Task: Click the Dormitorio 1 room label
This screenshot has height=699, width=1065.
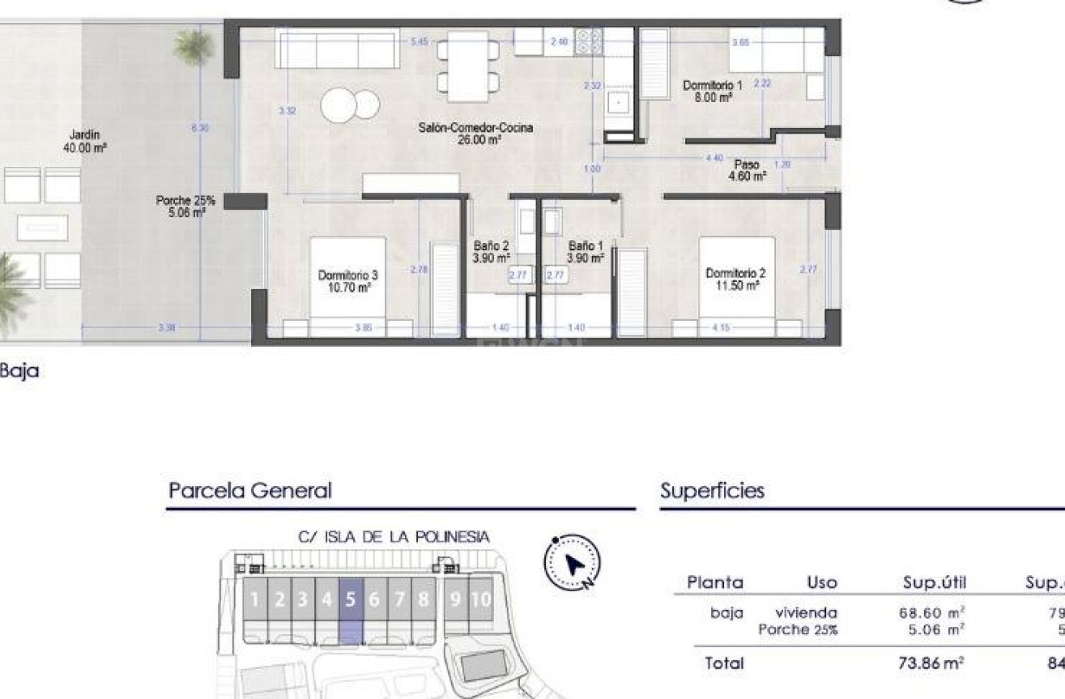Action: pos(712,90)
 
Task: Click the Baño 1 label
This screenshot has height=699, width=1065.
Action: pos(586,252)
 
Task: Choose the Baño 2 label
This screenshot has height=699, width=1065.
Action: pos(491,252)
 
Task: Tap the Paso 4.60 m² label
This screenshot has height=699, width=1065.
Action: pos(746,169)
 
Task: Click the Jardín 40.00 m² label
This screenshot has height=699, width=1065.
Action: pos(84,143)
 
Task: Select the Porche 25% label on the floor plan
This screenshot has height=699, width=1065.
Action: pos(185,206)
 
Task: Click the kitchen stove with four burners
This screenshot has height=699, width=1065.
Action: pos(589,41)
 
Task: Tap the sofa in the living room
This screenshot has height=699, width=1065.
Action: pos(336,49)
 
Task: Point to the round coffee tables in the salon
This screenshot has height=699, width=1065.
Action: pos(351,105)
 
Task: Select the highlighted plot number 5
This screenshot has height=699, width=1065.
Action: pos(351,600)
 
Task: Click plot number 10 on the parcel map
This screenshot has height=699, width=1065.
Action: pos(481,600)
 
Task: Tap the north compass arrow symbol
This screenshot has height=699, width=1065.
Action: pos(574,563)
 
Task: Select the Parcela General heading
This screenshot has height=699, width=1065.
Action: pos(250,490)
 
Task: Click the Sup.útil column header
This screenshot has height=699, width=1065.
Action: pos(935,582)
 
